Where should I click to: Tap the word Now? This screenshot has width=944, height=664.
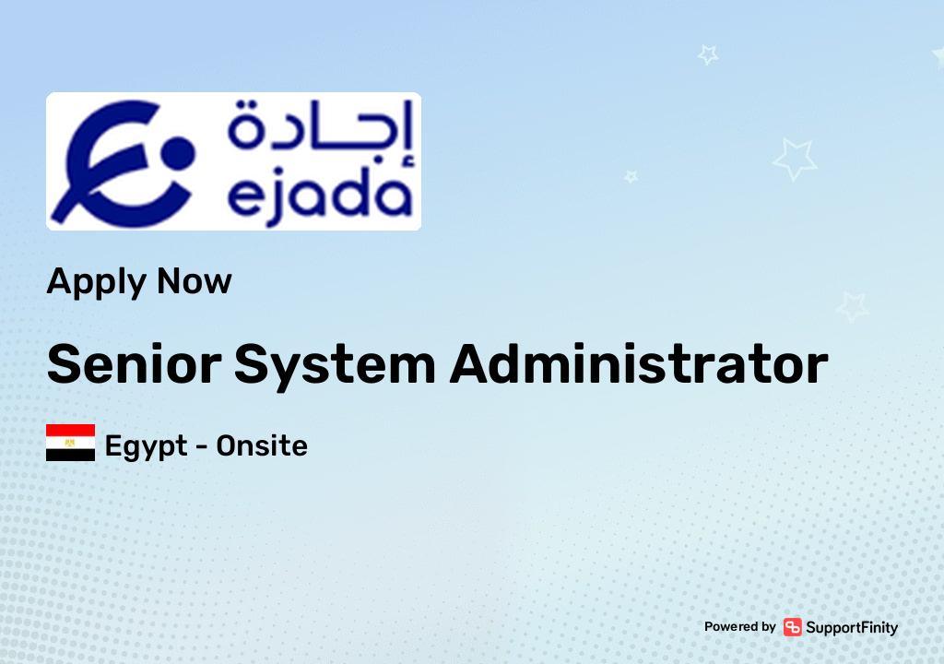(x=195, y=279)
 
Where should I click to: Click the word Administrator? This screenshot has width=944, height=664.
(x=639, y=364)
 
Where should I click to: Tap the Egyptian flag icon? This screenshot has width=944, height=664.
(x=71, y=443)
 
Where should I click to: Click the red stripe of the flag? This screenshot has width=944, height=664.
(x=71, y=431)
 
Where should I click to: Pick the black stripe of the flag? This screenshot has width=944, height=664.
(x=71, y=455)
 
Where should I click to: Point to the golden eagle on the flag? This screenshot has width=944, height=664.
(x=71, y=443)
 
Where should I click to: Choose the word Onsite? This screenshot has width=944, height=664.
(x=262, y=446)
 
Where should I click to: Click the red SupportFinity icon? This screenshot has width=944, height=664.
(x=793, y=627)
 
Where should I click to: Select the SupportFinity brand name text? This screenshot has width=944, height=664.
(x=852, y=627)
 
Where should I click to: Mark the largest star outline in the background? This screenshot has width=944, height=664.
(x=794, y=159)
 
